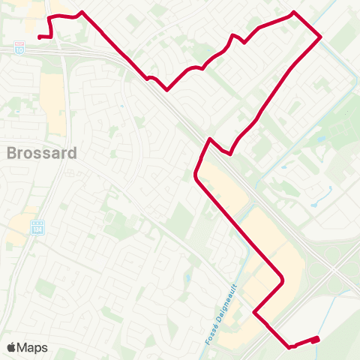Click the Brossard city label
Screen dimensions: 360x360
tap(42, 153)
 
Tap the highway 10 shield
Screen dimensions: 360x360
tap(19, 48)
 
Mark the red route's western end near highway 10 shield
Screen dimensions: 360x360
tap(39, 36)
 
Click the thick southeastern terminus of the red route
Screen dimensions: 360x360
tap(316, 340)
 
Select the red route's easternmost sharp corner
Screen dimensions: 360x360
tap(321, 36)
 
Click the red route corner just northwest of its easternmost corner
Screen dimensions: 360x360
tap(293, 13)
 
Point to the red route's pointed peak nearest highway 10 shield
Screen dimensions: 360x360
tap(81, 13)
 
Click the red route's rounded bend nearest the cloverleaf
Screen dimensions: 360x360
tap(281, 282)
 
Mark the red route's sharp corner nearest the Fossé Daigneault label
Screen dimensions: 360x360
tap(255, 312)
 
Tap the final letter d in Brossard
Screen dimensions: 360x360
tap(73, 153)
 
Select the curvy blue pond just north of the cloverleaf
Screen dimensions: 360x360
tap(313, 195)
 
